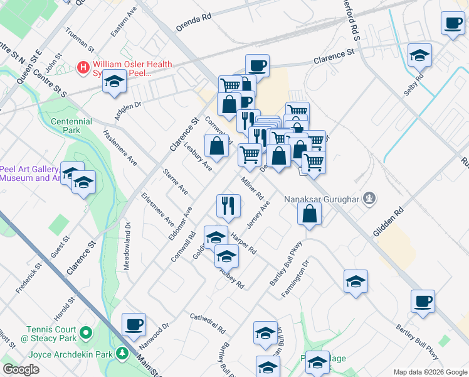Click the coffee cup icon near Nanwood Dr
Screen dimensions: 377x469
click(134, 325)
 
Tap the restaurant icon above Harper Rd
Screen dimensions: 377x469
click(228, 205)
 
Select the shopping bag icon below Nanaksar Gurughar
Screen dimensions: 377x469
click(310, 214)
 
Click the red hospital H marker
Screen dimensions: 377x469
click(82, 67)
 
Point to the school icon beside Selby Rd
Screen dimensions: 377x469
click(419, 55)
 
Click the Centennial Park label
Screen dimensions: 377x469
click(71, 126)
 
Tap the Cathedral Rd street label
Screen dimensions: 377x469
click(208, 322)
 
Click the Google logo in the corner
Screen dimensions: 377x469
click(21, 369)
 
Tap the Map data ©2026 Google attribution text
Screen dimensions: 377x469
click(429, 372)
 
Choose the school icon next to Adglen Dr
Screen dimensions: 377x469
click(114, 82)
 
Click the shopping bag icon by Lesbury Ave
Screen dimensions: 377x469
click(216, 146)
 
